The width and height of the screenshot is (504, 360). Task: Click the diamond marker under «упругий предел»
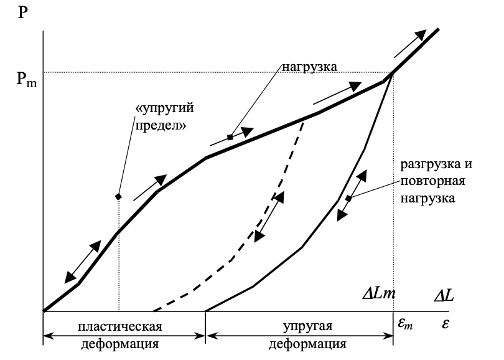[x=118, y=197]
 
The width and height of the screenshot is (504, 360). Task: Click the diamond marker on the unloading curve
[x=348, y=199]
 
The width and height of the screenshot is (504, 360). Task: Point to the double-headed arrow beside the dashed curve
[x=269, y=217]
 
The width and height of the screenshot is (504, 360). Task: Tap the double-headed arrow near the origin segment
[x=83, y=260]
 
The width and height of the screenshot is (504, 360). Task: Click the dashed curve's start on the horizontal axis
[x=154, y=311]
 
